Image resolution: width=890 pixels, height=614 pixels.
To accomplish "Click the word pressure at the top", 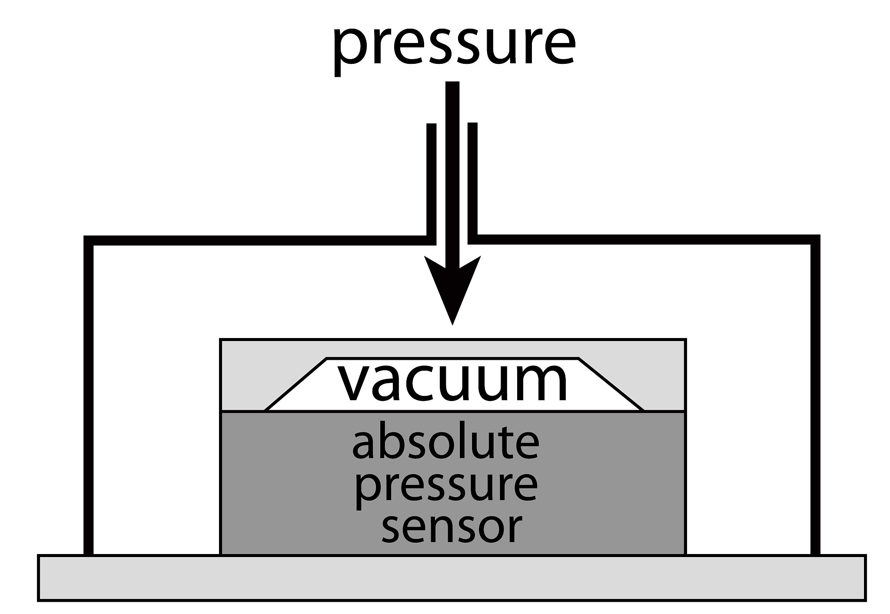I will (x=454, y=48).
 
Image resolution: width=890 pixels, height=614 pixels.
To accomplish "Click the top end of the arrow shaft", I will (x=452, y=87).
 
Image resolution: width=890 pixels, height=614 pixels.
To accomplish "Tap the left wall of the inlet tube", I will (x=431, y=183).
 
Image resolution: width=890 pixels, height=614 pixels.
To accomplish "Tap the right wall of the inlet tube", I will (x=473, y=183).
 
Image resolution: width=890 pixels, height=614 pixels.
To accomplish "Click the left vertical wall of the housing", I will (x=88, y=391).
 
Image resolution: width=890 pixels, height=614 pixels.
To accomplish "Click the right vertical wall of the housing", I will (x=815, y=391).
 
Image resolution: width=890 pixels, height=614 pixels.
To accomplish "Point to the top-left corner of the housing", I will (x=89, y=240).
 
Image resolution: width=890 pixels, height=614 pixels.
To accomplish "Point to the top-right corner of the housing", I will (x=815, y=240).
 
